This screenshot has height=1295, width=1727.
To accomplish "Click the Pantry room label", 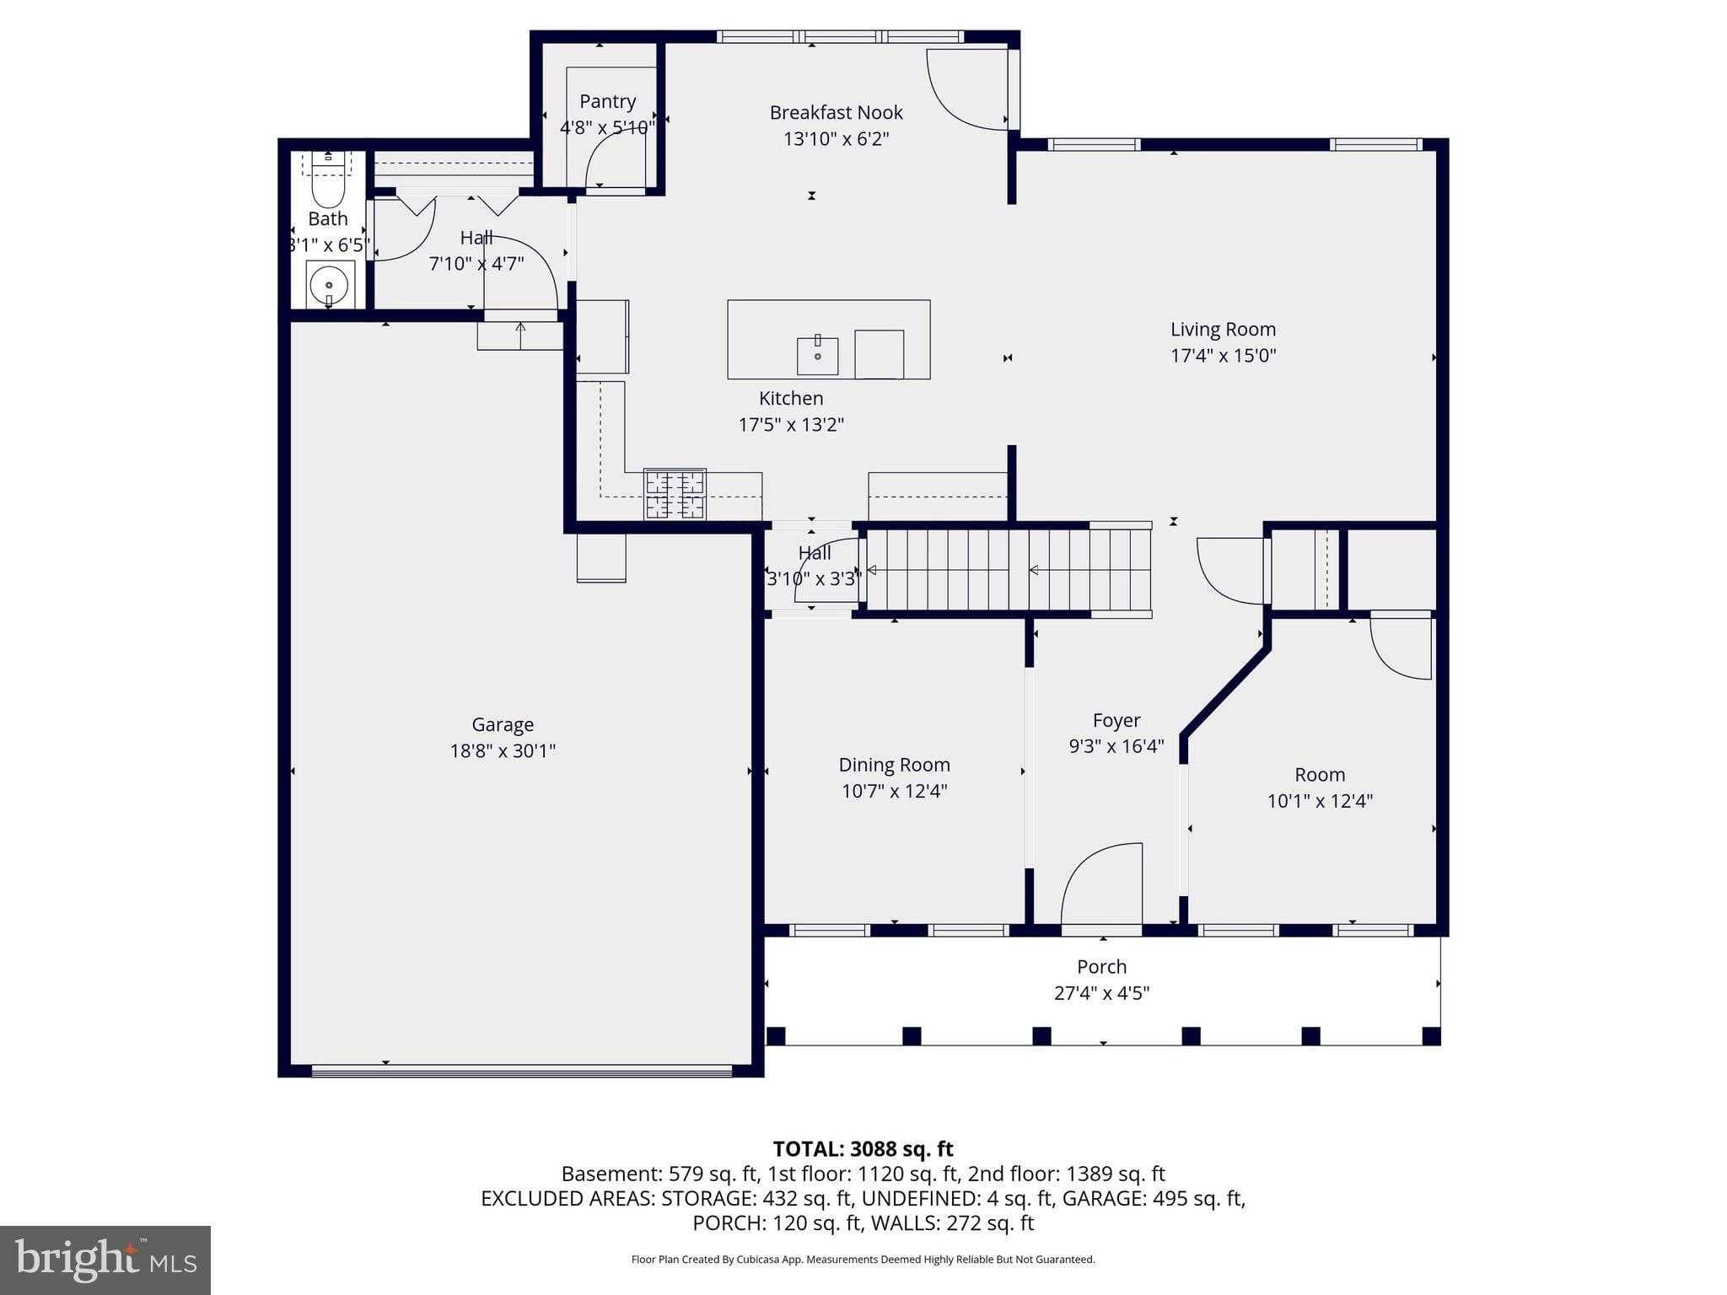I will [x=607, y=101].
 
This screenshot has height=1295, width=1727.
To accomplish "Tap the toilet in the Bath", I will [x=328, y=182].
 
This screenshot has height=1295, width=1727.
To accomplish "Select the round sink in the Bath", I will [x=329, y=285].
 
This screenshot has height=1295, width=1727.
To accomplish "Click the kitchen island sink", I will [x=817, y=356].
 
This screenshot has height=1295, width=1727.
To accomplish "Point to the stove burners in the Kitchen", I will [x=675, y=494].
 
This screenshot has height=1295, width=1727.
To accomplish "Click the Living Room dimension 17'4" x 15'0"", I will [x=1223, y=356].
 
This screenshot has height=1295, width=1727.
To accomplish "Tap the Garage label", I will [x=503, y=724].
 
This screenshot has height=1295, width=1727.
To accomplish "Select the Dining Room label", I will [x=894, y=765].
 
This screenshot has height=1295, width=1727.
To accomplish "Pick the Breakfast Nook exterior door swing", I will [x=966, y=89].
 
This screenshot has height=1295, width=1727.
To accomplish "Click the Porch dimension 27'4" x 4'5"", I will [x=1101, y=993].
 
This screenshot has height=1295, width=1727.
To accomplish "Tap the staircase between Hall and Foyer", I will [x=1008, y=570].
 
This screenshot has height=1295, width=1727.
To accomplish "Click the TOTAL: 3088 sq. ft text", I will [x=863, y=1149].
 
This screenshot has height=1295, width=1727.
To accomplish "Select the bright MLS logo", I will [x=105, y=1260].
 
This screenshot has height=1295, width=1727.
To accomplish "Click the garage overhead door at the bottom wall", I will [x=521, y=1071].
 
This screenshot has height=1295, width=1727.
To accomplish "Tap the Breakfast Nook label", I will [x=836, y=112].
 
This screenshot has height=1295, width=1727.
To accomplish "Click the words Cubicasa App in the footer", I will [x=768, y=1260].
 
